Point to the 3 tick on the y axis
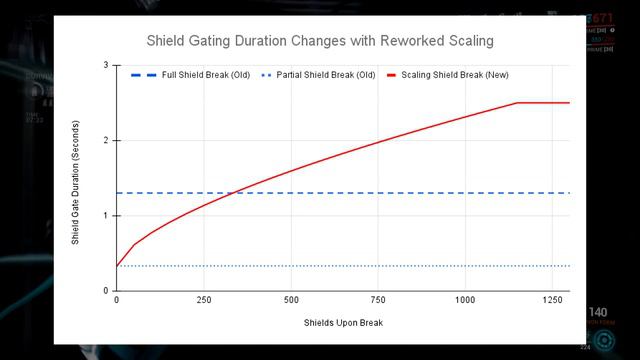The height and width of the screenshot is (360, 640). click(x=106, y=66)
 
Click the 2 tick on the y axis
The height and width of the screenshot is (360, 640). click(x=106, y=141)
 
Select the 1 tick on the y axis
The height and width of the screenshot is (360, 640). click(x=106, y=216)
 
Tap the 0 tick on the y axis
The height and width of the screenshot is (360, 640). click(x=106, y=291)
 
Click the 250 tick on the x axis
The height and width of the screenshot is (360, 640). click(x=204, y=300)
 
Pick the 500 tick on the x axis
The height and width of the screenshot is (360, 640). click(x=291, y=300)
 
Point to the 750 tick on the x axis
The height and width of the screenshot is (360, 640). click(x=378, y=300)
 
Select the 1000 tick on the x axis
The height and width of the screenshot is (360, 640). click(x=465, y=300)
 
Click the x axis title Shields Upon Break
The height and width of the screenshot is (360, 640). click(x=343, y=322)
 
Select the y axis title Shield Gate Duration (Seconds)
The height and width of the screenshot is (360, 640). click(x=76, y=178)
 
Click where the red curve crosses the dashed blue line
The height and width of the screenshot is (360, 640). click(x=233, y=192)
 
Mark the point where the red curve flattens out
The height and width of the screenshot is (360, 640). click(x=517, y=103)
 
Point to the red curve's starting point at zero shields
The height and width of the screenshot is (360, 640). click(x=117, y=266)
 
